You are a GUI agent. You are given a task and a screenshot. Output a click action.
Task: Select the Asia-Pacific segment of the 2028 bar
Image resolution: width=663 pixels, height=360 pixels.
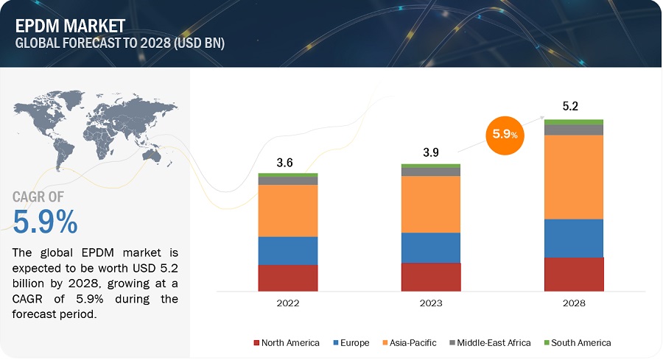574,177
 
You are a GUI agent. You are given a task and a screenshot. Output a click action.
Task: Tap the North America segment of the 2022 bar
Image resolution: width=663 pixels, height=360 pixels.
287,277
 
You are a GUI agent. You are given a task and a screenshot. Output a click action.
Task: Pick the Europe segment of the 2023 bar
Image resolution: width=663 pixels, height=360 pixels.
431,247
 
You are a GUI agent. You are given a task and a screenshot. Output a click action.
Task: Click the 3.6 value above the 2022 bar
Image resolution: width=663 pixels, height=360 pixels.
285,163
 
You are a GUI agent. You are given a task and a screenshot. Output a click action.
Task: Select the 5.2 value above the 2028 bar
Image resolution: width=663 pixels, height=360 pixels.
571,106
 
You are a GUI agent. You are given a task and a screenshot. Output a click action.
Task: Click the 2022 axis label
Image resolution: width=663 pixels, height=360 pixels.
287,302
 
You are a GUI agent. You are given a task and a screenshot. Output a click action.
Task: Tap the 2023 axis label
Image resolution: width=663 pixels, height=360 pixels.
431,302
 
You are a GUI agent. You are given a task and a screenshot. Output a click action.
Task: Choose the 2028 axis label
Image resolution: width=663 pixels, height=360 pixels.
574,302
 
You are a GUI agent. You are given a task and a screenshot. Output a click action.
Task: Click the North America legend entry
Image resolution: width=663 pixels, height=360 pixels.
287,342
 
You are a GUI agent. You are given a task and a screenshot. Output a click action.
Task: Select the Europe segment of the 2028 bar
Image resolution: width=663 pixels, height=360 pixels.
574,238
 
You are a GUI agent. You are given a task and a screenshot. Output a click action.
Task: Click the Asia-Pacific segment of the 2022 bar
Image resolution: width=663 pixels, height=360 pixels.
287,210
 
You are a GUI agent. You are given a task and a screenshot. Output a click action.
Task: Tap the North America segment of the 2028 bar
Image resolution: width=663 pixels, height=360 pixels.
574,273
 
